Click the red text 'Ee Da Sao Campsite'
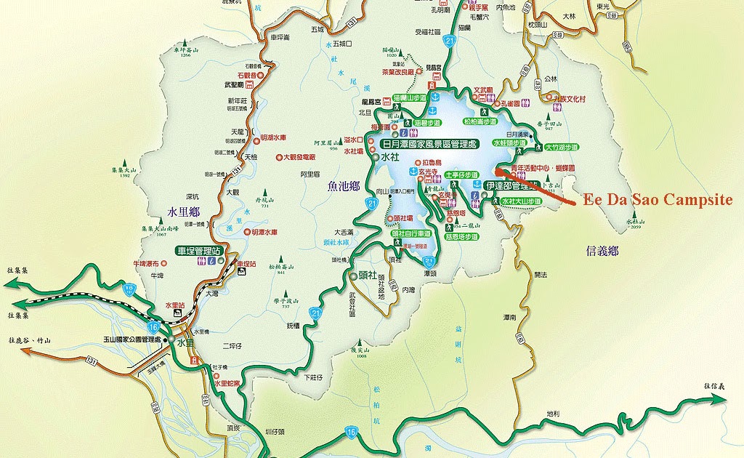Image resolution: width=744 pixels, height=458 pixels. point(659,201)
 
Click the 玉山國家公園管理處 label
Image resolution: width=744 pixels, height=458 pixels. point(132,340)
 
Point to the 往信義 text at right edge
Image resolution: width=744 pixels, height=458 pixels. point(714,385)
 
